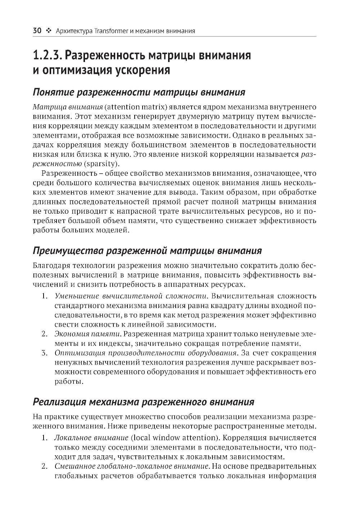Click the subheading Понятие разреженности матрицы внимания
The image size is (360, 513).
click(139, 92)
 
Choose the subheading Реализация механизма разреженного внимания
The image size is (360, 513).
click(143, 402)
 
